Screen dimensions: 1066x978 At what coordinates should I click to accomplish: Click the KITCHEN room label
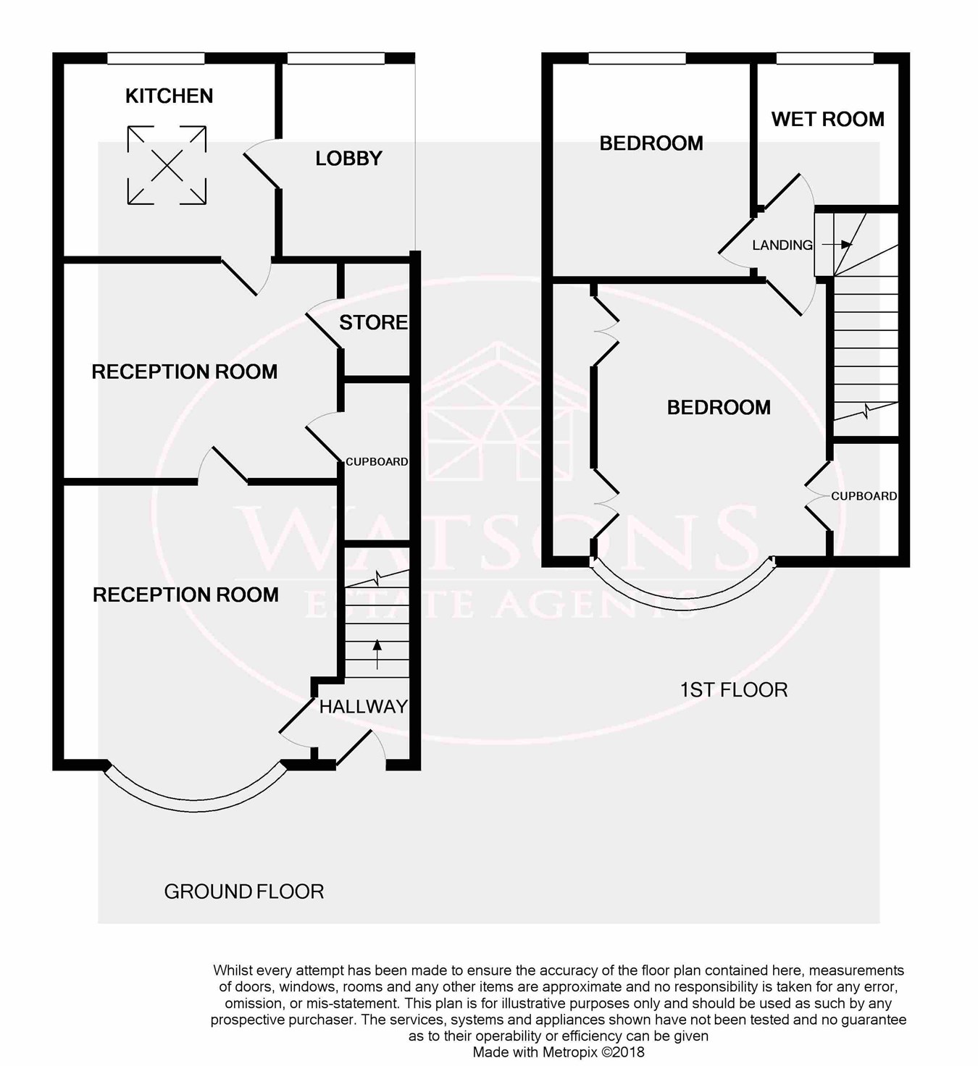(x=169, y=96)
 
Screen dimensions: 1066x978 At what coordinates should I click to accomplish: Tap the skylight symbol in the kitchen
(x=167, y=164)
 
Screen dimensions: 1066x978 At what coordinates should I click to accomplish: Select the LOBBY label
(x=348, y=159)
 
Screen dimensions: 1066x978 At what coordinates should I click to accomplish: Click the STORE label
(x=373, y=322)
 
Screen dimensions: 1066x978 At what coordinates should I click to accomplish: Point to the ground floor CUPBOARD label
(x=377, y=461)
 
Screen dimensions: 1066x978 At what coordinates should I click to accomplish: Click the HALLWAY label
(x=363, y=707)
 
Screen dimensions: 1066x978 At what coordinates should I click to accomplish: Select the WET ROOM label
(x=827, y=119)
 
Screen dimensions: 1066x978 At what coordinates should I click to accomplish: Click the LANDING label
(x=782, y=245)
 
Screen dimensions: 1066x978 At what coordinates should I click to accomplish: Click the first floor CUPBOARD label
(x=864, y=496)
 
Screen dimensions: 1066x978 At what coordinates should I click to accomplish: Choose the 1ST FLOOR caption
(x=733, y=689)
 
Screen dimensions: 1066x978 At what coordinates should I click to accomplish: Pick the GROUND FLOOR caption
(x=243, y=891)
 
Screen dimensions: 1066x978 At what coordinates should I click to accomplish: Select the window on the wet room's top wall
(x=824, y=58)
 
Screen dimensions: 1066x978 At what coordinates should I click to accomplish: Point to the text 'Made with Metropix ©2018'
(x=559, y=1052)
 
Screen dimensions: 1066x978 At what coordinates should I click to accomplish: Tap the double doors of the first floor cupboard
(x=818, y=496)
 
